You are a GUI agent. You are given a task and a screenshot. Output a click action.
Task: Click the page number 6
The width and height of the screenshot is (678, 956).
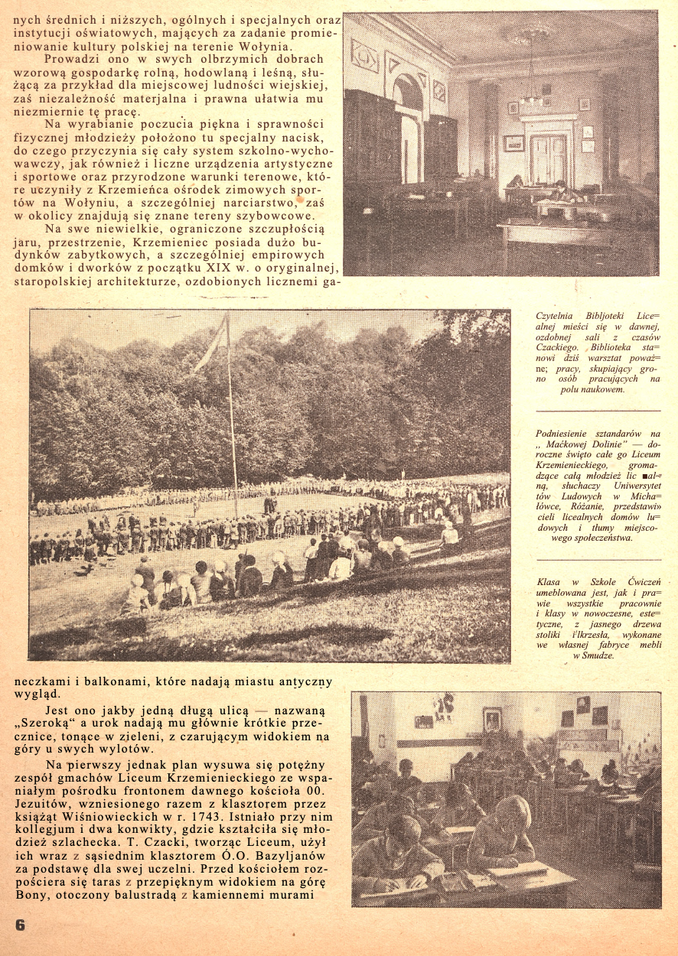(x=20, y=923)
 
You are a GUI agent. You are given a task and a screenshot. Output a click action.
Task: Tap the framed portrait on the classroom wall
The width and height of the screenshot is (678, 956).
(x=491, y=719)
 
